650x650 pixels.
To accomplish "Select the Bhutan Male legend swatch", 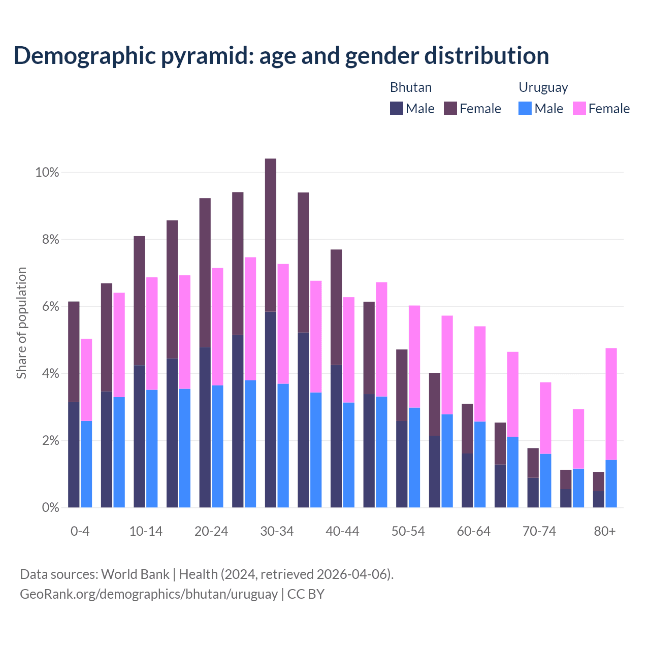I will (396, 108).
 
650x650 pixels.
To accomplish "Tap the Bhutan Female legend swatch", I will (450, 108).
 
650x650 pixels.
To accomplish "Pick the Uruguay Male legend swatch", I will (525, 108).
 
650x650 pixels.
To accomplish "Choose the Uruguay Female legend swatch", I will (579, 108).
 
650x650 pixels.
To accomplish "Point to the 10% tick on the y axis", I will (47, 173).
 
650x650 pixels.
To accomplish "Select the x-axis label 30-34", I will (277, 532).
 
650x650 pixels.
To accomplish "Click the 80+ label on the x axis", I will (605, 532).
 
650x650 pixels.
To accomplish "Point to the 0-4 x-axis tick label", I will (80, 532).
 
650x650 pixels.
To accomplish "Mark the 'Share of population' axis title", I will (21, 323).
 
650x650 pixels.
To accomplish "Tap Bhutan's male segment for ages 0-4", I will (74, 454).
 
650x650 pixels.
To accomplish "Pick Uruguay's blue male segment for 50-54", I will (414, 458).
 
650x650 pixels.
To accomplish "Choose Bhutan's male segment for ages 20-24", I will (205, 427).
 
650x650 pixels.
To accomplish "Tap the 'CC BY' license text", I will (306, 594).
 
